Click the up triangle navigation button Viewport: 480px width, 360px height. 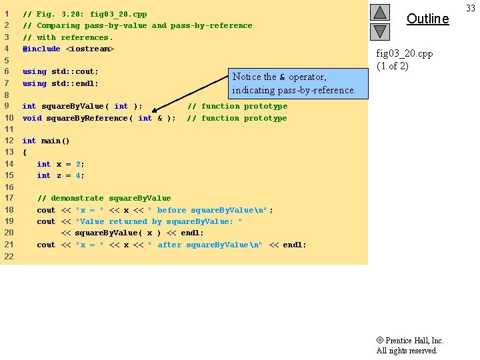(379, 13)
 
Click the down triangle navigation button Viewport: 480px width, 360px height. (379, 31)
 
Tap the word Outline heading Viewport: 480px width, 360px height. (427, 19)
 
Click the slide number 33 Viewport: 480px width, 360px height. (470, 8)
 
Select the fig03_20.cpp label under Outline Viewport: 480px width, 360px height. (405, 53)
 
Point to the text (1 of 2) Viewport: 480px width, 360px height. (393, 65)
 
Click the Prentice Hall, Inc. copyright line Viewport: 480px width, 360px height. (410, 340)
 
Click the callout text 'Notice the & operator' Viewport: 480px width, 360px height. (279, 77)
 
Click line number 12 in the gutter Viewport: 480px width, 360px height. (9, 141)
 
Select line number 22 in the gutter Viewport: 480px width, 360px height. (9, 257)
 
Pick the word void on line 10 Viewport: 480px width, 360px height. (31, 118)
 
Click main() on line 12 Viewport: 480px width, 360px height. (55, 141)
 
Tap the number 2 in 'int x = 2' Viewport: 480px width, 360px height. (78, 164)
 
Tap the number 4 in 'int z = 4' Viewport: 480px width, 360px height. (78, 175)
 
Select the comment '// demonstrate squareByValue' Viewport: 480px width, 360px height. (104, 198)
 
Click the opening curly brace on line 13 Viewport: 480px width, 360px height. (25, 152)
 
